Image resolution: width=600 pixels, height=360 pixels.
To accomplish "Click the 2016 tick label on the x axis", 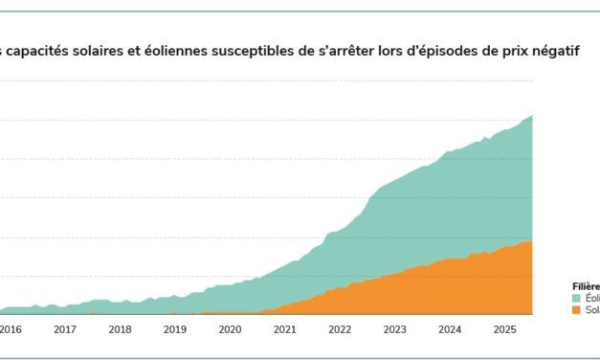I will pyautogui.click(x=11, y=329).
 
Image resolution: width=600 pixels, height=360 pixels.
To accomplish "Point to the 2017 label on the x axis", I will pyautogui.click(x=65, y=329).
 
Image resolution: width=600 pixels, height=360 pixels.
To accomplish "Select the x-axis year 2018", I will pyautogui.click(x=120, y=329).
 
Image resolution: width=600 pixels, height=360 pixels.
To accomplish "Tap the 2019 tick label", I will pyautogui.click(x=175, y=329).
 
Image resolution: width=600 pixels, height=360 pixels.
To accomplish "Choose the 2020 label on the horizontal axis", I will pyautogui.click(x=230, y=329).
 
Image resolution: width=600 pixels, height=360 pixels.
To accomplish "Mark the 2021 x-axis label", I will pyautogui.click(x=284, y=329).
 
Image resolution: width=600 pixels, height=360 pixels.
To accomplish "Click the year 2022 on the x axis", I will pyautogui.click(x=340, y=329).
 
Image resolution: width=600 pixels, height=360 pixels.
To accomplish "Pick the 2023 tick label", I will pyautogui.click(x=394, y=329).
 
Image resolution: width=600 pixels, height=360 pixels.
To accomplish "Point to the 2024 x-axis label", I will pyautogui.click(x=449, y=329).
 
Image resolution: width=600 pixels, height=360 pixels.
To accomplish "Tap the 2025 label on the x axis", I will pyautogui.click(x=504, y=329).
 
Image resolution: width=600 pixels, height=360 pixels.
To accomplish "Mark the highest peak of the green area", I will pyautogui.click(x=531, y=116).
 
